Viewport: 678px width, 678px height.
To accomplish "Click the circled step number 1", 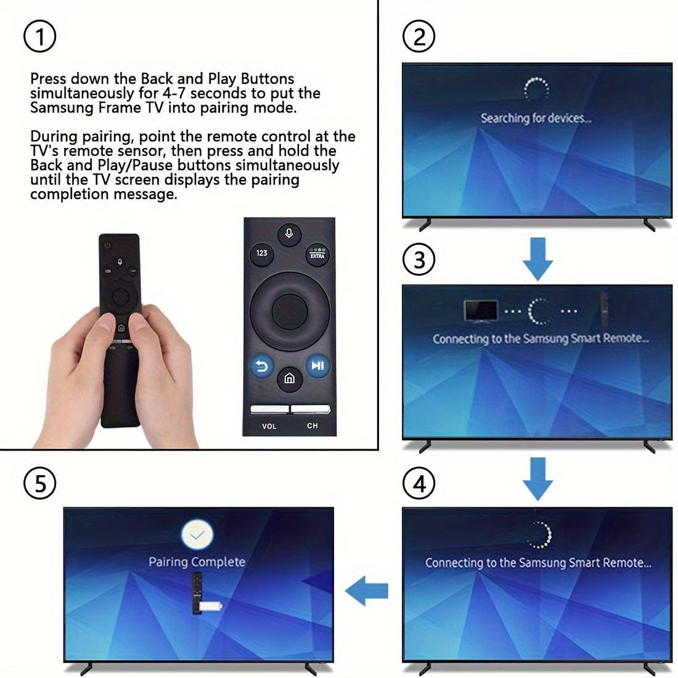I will (39, 38).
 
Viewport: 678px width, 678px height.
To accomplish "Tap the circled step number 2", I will (419, 38).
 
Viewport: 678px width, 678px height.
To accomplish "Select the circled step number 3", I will (419, 259).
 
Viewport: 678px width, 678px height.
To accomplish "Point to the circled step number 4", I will (419, 483).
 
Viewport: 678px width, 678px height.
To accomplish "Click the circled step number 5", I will (39, 483).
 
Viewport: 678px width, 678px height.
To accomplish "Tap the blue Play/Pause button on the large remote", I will (317, 366).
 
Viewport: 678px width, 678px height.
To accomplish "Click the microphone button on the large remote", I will (289, 234).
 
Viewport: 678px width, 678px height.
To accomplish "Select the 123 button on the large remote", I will (262, 253).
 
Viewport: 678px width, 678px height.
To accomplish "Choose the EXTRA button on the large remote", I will (317, 254).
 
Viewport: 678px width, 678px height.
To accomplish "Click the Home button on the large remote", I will (289, 378).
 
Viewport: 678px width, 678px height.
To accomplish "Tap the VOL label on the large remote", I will (269, 426).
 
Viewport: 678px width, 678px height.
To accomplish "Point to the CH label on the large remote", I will (312, 426).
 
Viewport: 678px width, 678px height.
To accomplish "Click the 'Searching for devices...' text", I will (536, 118).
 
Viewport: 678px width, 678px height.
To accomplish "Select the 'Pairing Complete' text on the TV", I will (197, 562).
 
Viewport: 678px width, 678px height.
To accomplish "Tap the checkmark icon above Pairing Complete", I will (197, 534).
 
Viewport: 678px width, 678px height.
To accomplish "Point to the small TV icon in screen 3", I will (481, 311).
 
